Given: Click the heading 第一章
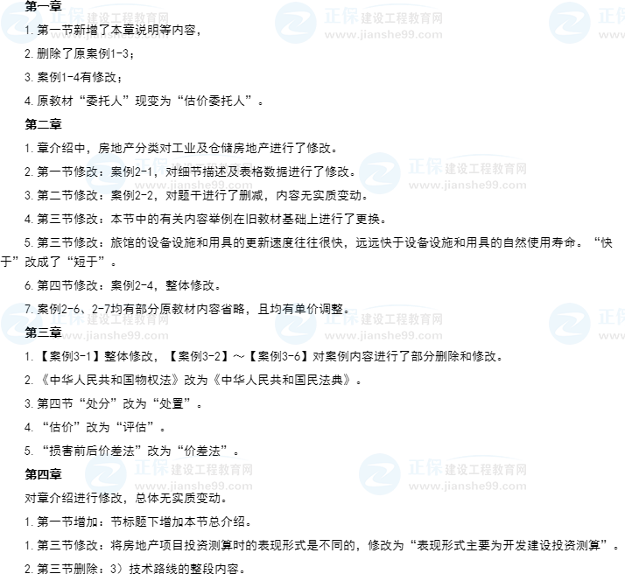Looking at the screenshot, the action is (43, 5).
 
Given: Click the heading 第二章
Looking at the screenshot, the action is (43, 124).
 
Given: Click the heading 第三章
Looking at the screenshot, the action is (43, 332).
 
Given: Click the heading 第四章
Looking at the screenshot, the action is (43, 474).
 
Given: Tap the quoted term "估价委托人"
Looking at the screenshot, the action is (218, 101).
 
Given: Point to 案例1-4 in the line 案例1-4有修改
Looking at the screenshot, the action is (58, 77).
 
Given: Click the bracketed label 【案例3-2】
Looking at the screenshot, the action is (197, 356).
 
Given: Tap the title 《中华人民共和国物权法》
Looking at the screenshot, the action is (110, 380).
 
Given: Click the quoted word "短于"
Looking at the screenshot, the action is (86, 262).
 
